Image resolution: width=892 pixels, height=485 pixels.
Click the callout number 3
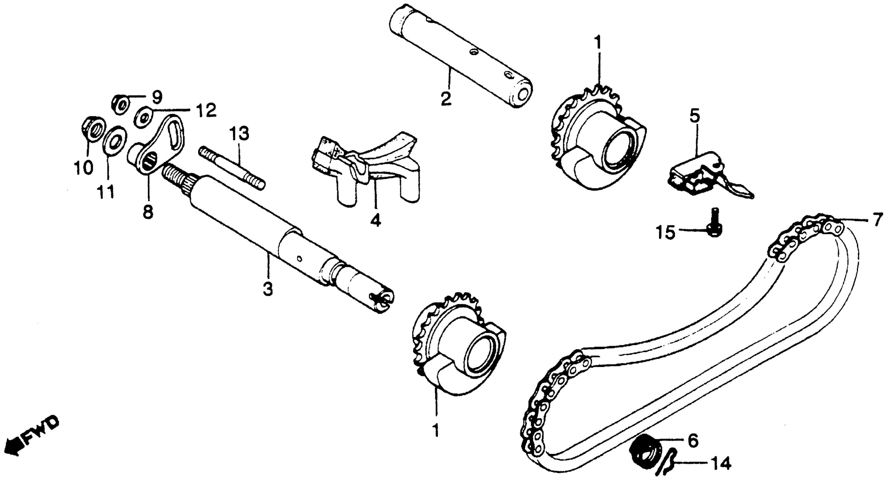(x=268, y=289)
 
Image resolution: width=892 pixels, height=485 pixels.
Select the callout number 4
(x=375, y=220)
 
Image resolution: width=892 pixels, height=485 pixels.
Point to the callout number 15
(x=665, y=232)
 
